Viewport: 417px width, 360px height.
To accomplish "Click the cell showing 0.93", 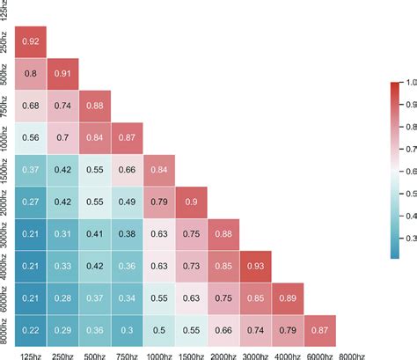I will coord(257,265).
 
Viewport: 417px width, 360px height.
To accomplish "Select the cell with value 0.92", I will coord(29,40).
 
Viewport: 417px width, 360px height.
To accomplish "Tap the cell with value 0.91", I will coord(62,73).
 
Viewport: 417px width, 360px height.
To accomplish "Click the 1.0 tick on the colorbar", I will coord(406,83).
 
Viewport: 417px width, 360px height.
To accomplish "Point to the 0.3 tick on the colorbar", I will coord(406,237).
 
